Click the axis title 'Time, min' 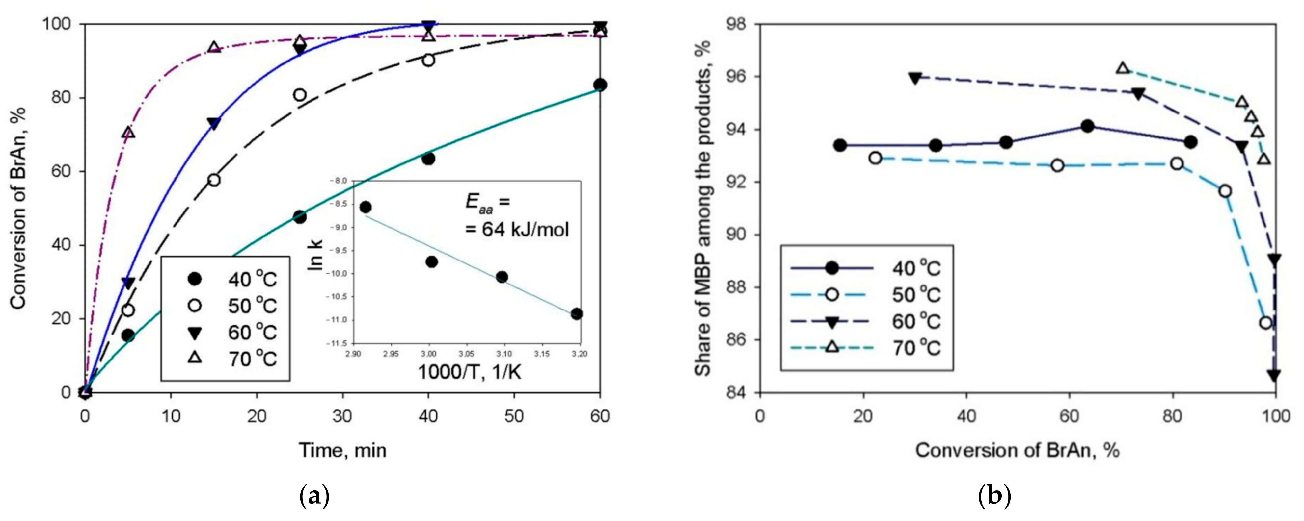coord(342,450)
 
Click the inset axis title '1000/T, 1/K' coord(469,372)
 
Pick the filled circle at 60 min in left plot coord(600,85)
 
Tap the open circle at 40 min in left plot coord(428,60)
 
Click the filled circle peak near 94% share coord(1087,126)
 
